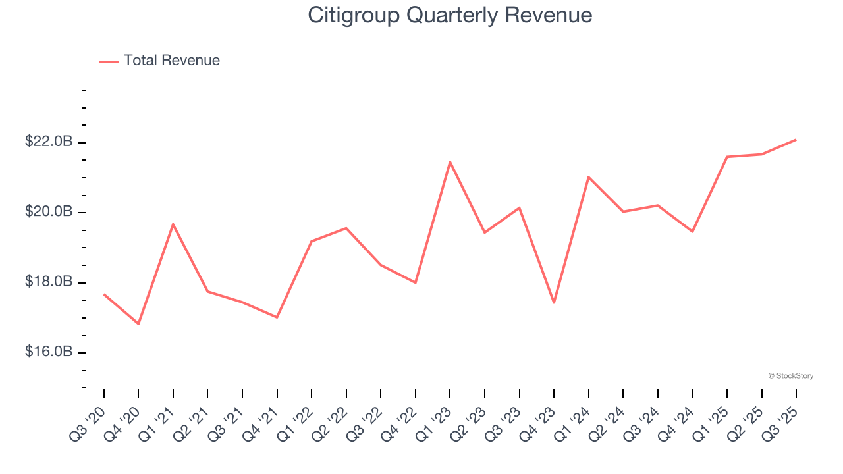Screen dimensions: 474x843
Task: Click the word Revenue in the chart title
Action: [x=549, y=14]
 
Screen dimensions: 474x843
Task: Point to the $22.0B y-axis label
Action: [x=49, y=142]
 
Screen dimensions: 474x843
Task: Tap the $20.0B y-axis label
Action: [x=49, y=212]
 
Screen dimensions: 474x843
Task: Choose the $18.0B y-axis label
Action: [x=49, y=282]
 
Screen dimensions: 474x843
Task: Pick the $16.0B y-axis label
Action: [x=49, y=352]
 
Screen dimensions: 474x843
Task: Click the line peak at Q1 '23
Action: [x=450, y=162]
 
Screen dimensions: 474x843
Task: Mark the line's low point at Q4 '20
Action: [x=138, y=324]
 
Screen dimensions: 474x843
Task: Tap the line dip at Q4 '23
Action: [x=554, y=303]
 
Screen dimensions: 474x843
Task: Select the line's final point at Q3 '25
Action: [x=796, y=140]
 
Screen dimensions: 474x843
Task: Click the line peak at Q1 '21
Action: [x=173, y=224]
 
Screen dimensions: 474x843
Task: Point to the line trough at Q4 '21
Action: [x=277, y=317]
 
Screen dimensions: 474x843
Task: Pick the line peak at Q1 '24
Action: [x=588, y=177]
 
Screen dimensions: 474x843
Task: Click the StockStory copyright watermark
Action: [x=791, y=376]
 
